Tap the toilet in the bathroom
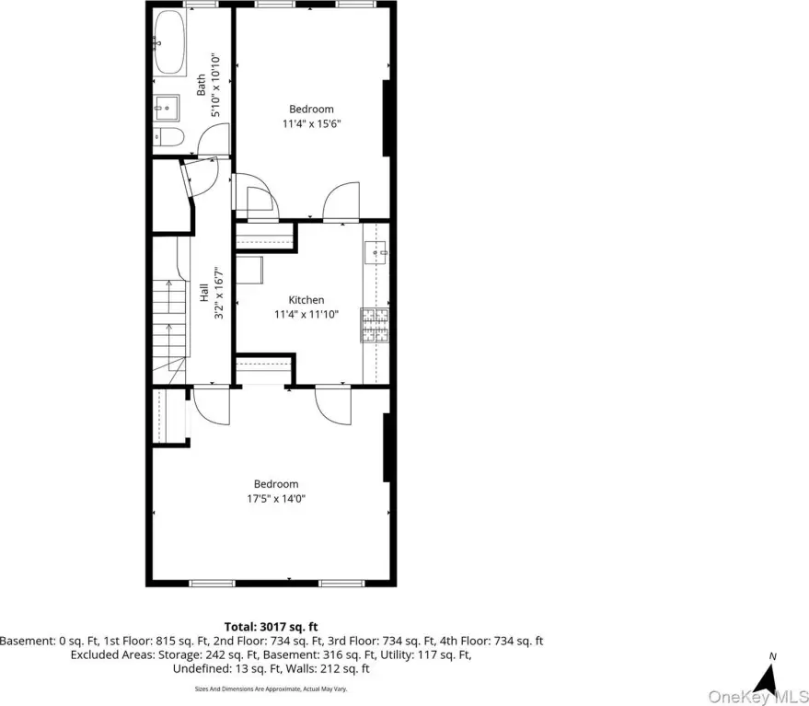168,137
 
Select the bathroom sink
167,108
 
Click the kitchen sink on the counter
376,253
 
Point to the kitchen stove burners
375,325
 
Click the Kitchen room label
306,300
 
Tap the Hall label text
203,292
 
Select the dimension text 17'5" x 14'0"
276,499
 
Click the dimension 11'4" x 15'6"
312,124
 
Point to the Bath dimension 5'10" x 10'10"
215,85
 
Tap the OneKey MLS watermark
758,696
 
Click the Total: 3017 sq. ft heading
271,627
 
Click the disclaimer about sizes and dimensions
271,689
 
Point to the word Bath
201,85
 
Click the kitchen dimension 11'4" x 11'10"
306,314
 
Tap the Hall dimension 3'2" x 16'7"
219,292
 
